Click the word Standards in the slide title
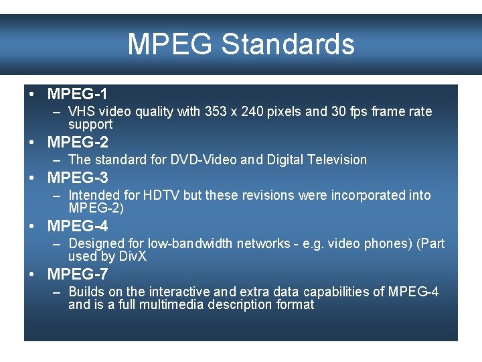click(x=288, y=44)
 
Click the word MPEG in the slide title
click(x=171, y=44)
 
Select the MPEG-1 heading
click(x=78, y=93)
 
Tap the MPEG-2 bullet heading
click(x=78, y=142)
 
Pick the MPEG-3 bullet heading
click(x=78, y=178)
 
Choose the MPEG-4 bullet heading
click(x=78, y=226)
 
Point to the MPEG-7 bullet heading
click(x=78, y=274)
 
